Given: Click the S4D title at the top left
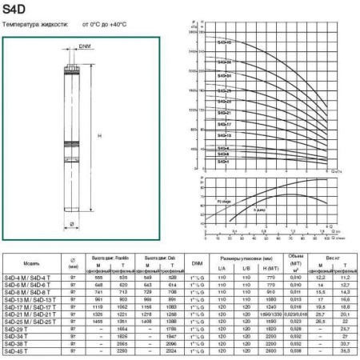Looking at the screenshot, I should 14,10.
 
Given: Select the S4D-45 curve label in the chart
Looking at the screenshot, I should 225,42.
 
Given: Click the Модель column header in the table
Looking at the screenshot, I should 31,262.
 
